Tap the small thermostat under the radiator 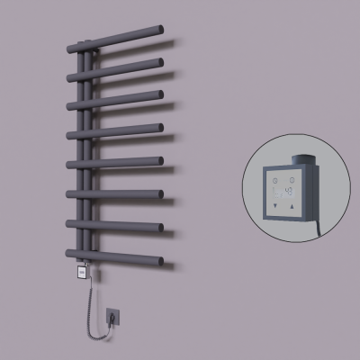click(x=83, y=266)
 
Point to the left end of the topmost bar click(x=70, y=48)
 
